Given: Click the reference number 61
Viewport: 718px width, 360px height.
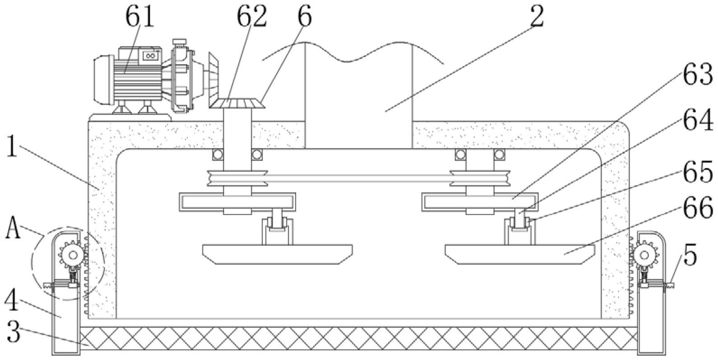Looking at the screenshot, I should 139,17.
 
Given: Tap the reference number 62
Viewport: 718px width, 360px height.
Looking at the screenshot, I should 252,17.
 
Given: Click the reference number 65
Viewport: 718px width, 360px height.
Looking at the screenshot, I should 697,171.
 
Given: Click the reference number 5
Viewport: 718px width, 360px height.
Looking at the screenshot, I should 690,256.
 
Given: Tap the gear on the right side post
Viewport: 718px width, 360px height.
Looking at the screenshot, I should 644,256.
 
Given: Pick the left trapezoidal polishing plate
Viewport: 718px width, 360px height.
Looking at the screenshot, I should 277,254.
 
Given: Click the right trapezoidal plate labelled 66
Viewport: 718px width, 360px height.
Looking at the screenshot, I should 520,254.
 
